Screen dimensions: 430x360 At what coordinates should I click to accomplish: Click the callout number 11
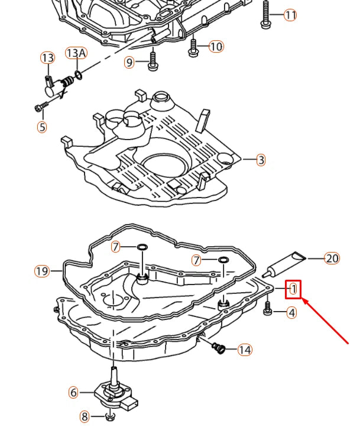pos(290,15)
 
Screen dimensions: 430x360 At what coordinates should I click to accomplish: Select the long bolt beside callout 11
pos(265,15)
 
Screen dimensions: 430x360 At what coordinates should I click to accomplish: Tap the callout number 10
pos(216,46)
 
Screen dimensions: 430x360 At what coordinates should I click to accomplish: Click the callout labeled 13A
pos(76,54)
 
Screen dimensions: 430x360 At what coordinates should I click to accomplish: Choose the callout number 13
pos(47,57)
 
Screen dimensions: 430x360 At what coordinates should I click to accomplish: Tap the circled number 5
pos(41,126)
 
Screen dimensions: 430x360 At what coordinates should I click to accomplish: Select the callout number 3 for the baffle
pos(261,160)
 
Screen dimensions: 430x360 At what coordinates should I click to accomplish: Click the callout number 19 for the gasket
pos(41,271)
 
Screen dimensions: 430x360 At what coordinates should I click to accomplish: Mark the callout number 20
pos(332,258)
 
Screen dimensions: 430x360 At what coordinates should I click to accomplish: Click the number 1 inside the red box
pos(293,289)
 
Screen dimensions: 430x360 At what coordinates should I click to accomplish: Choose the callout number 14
pos(245,350)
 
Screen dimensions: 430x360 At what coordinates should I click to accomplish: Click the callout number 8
pos(85,416)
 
